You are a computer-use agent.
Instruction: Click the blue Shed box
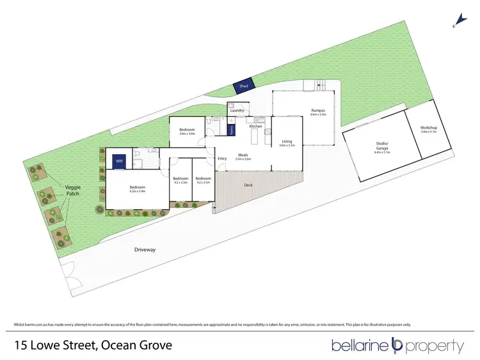(x=243, y=85)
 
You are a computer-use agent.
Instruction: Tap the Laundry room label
(x=237, y=111)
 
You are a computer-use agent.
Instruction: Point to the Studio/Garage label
(x=382, y=146)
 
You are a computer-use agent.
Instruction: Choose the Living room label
(x=286, y=141)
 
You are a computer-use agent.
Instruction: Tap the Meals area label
(x=243, y=155)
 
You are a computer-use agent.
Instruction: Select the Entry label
(x=222, y=159)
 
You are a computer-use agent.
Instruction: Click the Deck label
(x=248, y=185)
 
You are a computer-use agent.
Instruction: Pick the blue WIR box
(x=119, y=162)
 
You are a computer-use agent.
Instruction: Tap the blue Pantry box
(x=231, y=129)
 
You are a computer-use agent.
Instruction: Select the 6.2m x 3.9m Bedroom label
(x=137, y=189)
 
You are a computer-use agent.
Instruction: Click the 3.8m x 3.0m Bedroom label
(x=187, y=130)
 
